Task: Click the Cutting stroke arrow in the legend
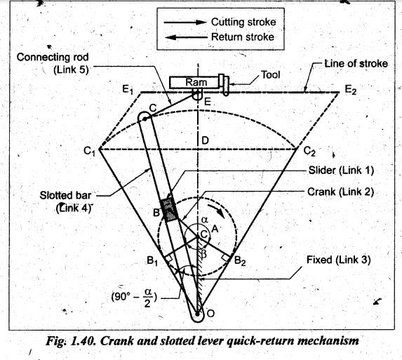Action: (185, 22)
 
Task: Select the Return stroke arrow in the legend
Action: (186, 37)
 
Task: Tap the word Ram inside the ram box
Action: (196, 82)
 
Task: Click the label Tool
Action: (270, 75)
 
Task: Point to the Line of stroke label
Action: (356, 64)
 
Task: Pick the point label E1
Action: (128, 90)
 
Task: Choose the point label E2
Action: (351, 90)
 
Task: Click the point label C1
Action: (90, 151)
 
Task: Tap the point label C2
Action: (309, 151)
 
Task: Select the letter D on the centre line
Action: (205, 140)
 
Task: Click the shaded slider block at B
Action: (168, 210)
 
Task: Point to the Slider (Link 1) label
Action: (341, 171)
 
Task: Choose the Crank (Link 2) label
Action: (340, 192)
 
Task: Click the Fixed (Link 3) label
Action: (339, 260)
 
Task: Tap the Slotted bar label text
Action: (65, 196)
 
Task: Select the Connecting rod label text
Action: (53, 57)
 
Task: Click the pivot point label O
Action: (210, 313)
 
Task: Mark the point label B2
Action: (240, 261)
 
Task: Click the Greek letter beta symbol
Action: (204, 254)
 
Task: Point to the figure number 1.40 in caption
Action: (83, 341)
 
